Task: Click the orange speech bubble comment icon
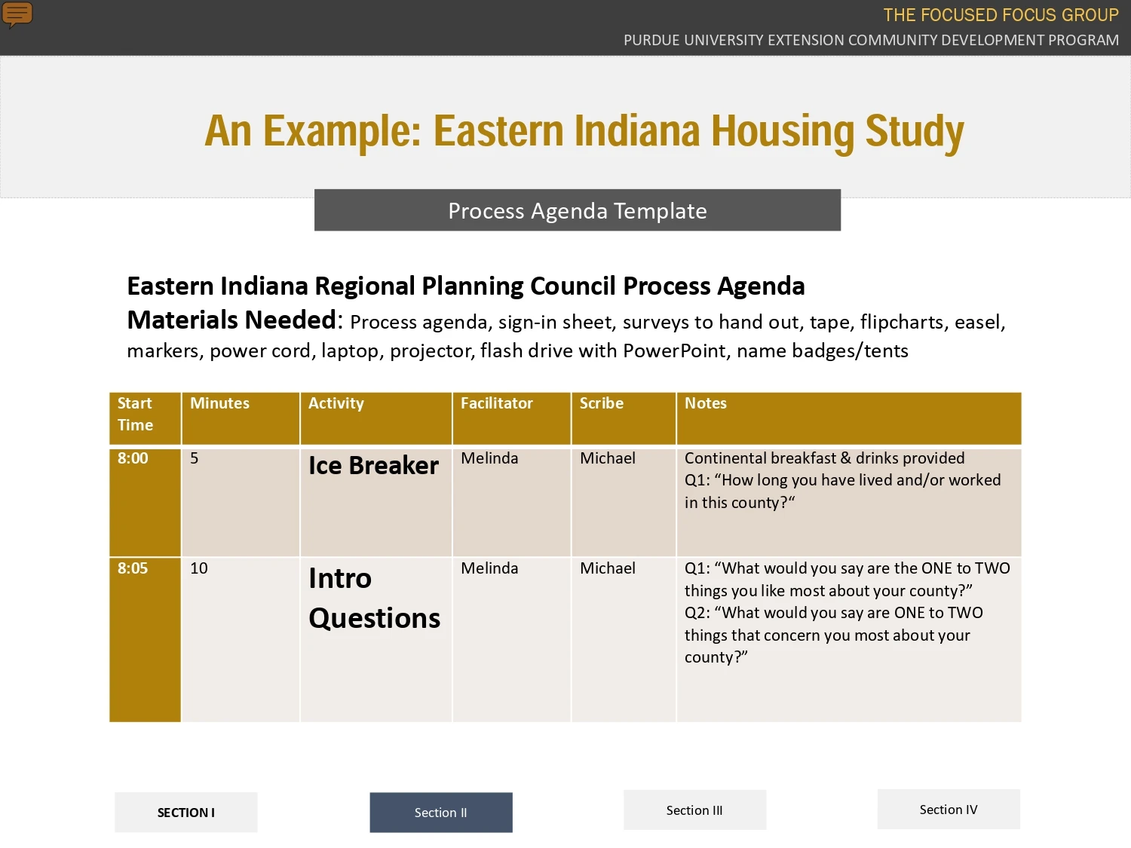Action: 17,14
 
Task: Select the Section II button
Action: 441,812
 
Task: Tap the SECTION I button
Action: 186,812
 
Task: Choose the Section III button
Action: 694,810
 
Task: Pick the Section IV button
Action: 949,810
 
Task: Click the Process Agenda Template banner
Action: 578,210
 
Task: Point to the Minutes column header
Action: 241,418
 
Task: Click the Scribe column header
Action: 624,418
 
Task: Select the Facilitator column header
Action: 512,418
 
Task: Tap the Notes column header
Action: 849,418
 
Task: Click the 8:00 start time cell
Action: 145,503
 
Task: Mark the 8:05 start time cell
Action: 145,639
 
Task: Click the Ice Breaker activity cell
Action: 376,503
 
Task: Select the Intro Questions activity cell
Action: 376,639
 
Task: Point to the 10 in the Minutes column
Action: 199,568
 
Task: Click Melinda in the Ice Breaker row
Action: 489,458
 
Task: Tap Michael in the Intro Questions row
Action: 608,568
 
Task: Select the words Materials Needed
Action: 232,320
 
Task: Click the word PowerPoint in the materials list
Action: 674,351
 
